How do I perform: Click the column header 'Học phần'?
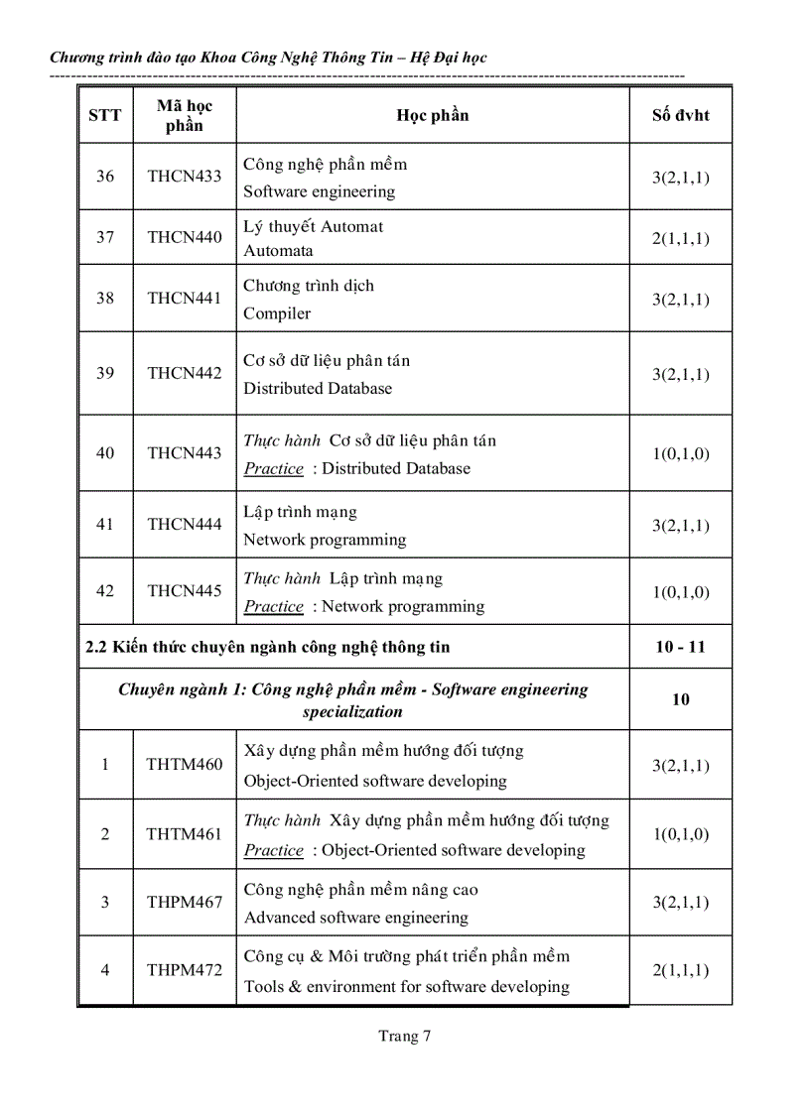tap(432, 115)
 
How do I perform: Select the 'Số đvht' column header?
tap(680, 115)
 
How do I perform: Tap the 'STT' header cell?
tap(105, 115)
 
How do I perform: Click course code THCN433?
tap(185, 177)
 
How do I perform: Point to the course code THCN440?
tap(185, 237)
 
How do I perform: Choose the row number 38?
tap(105, 298)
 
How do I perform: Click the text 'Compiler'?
tap(277, 313)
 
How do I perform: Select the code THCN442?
tap(185, 373)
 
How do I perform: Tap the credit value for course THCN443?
tap(680, 454)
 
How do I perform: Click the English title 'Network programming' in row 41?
tap(325, 540)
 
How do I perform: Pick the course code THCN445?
tap(185, 590)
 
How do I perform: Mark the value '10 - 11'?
tap(680, 647)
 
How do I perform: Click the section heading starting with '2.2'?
tap(268, 647)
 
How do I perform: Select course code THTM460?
tap(185, 764)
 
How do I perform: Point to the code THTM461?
tap(185, 834)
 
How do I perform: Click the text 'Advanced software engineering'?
tap(356, 918)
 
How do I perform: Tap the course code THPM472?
tap(185, 970)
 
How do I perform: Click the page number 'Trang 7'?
tap(404, 1037)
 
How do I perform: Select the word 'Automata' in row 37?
tap(278, 251)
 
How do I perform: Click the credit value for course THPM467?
tap(680, 902)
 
